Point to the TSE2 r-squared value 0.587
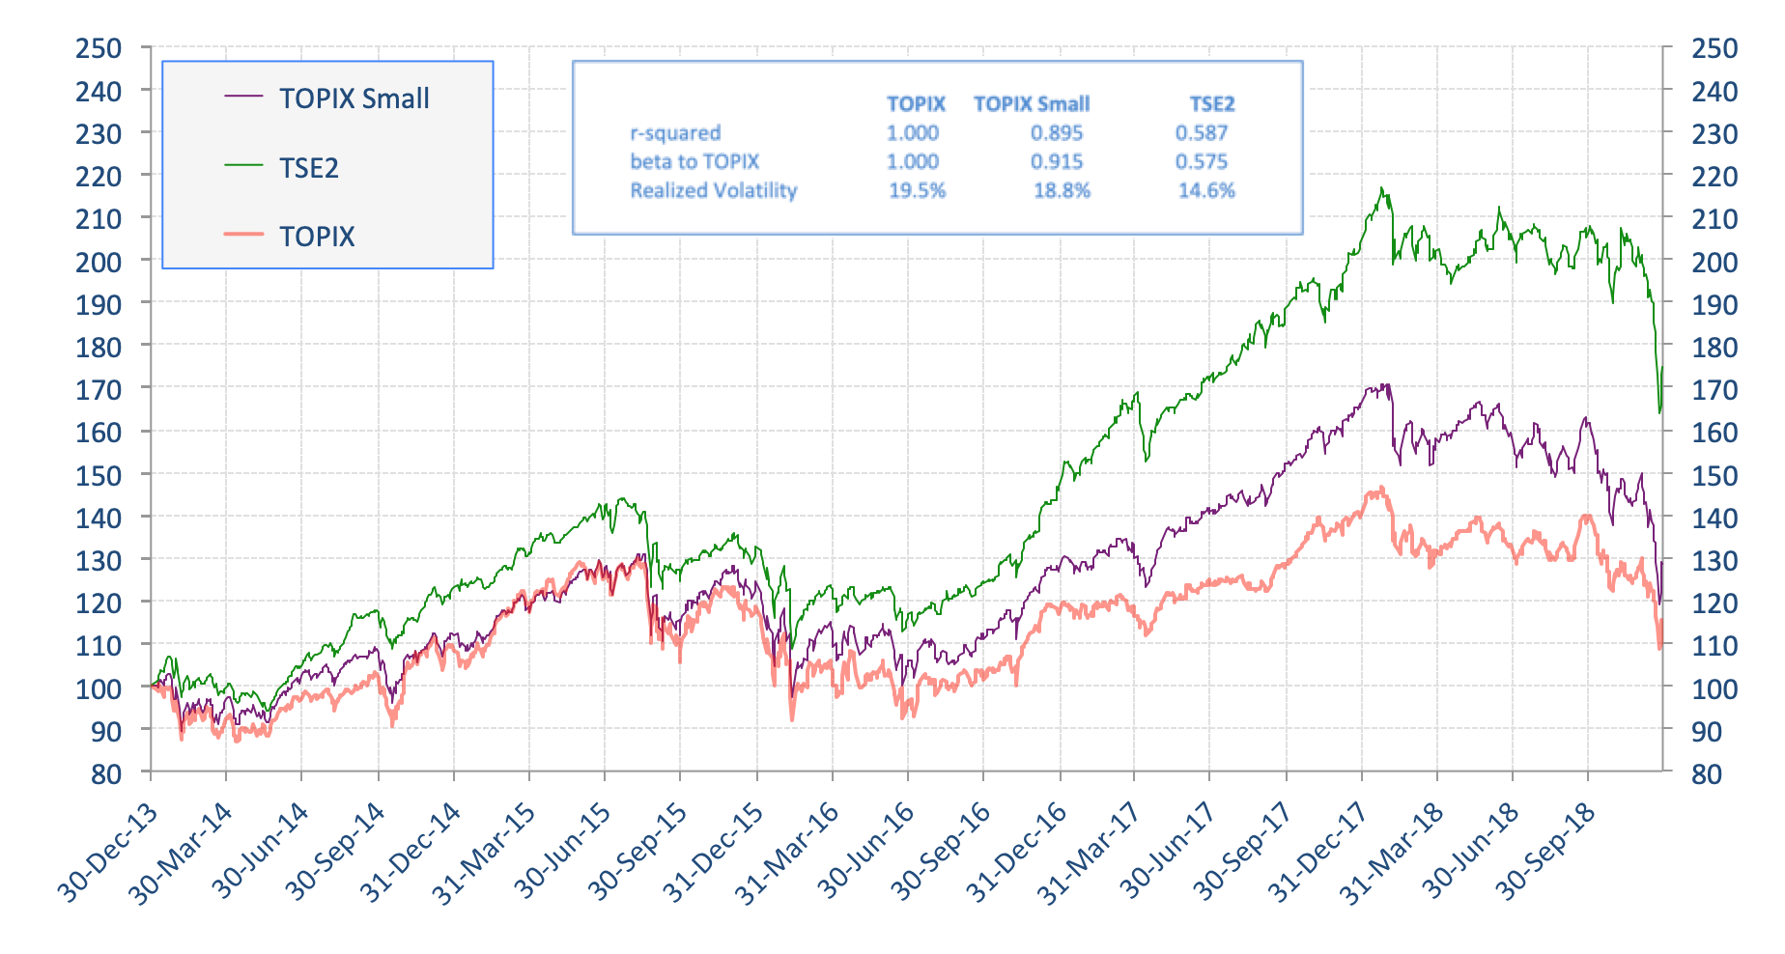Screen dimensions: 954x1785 click(x=1201, y=133)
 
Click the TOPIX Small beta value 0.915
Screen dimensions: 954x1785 click(x=1056, y=162)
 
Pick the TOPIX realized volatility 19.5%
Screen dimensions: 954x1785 click(x=917, y=190)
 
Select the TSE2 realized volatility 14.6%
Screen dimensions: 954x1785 click(x=1205, y=190)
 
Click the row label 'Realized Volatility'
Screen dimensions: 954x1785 click(x=713, y=190)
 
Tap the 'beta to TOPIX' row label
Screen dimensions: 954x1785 click(x=694, y=162)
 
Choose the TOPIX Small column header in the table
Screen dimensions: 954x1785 click(x=1031, y=104)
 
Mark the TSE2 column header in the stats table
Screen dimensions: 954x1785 click(x=1211, y=104)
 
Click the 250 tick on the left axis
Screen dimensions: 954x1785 click(x=99, y=48)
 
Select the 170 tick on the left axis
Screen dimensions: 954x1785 click(x=99, y=390)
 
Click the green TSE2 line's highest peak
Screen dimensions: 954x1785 click(x=1382, y=188)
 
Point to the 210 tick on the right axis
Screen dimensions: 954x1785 click(x=1714, y=219)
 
